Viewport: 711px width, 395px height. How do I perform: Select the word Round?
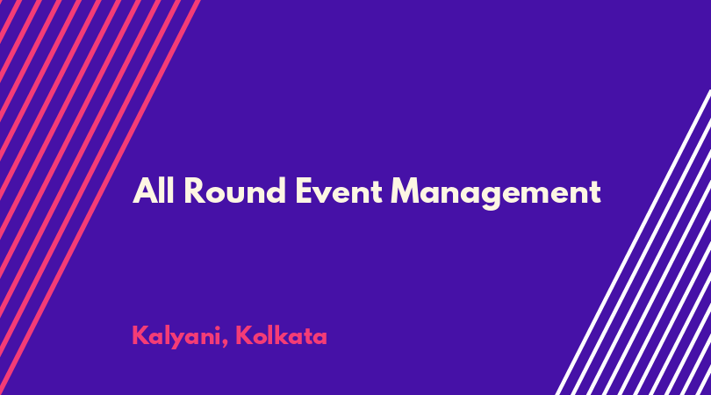pos(235,191)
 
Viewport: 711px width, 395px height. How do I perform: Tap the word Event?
pos(339,191)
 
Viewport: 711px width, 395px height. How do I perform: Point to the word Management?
pos(496,194)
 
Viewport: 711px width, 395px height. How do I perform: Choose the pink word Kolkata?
pos(281,335)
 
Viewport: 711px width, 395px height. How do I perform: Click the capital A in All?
pos(144,191)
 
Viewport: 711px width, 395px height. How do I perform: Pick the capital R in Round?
pos(195,191)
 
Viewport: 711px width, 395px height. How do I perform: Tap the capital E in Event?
pos(305,191)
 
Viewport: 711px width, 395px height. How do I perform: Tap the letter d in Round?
pos(276,191)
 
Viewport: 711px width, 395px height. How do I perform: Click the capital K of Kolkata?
pos(244,335)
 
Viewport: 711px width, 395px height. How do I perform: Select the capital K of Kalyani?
pos(140,335)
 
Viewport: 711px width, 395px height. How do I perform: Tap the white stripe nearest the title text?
pos(634,242)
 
